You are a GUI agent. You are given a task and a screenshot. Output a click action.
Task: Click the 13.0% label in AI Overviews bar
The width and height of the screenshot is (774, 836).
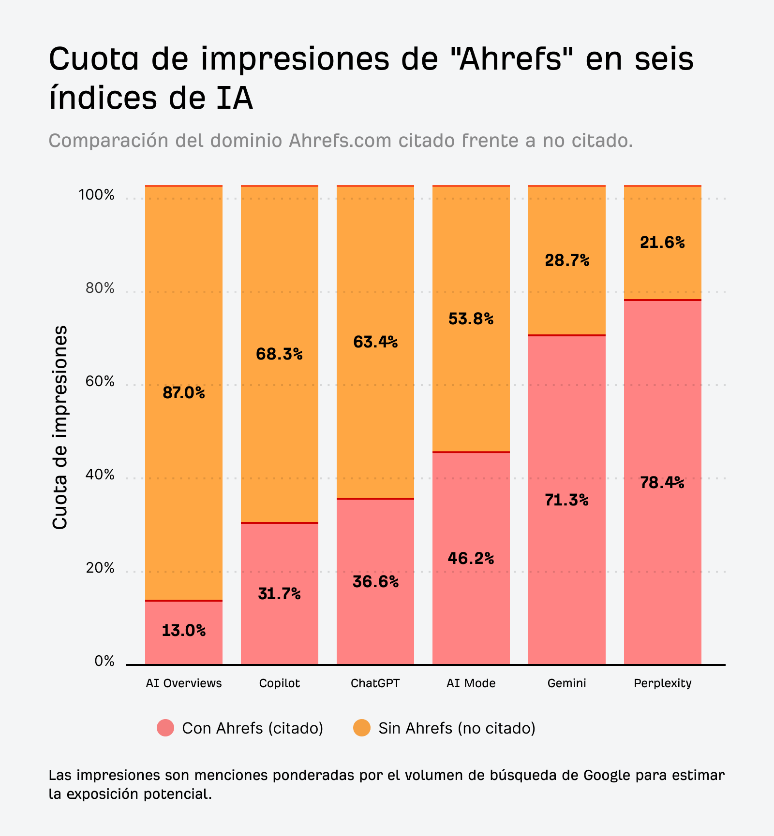pyautogui.click(x=183, y=630)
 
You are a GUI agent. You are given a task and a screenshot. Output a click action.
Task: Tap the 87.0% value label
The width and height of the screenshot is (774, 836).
pyautogui.click(x=183, y=393)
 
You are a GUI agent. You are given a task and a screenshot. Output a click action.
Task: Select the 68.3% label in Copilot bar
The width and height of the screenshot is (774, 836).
pyautogui.click(x=279, y=354)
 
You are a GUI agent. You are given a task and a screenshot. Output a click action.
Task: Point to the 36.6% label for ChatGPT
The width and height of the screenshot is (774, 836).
pyautogui.click(x=375, y=581)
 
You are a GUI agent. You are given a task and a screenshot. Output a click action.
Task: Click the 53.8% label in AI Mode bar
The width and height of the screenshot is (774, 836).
pyautogui.click(x=471, y=319)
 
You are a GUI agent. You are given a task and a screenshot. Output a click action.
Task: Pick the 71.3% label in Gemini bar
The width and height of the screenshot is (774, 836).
pyautogui.click(x=566, y=500)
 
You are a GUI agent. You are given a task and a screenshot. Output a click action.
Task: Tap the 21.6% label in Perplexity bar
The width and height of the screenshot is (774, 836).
pyautogui.click(x=662, y=242)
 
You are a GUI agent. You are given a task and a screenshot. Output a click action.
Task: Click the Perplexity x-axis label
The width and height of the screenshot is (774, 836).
pyautogui.click(x=662, y=683)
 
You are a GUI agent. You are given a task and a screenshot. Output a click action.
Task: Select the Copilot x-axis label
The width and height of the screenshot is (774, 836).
pyautogui.click(x=279, y=683)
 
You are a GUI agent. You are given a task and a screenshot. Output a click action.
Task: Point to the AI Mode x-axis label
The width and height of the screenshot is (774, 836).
pyautogui.click(x=471, y=683)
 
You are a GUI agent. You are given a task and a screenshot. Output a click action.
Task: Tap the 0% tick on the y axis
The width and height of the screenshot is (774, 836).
pyautogui.click(x=104, y=661)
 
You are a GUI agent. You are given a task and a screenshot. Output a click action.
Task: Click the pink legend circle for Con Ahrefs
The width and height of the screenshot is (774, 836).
pyautogui.click(x=165, y=728)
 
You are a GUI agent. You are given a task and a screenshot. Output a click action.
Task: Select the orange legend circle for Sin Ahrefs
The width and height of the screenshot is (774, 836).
pyautogui.click(x=362, y=728)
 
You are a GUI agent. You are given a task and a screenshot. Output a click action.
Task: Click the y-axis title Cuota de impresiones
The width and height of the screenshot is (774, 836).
pyautogui.click(x=60, y=427)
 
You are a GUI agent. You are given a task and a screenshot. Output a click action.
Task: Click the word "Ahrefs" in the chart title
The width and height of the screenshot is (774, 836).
pyautogui.click(x=513, y=59)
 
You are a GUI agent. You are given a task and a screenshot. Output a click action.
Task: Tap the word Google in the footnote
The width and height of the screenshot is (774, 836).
pyautogui.click(x=607, y=775)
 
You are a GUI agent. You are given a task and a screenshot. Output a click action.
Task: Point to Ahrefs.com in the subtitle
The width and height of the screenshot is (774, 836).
pyautogui.click(x=340, y=141)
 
